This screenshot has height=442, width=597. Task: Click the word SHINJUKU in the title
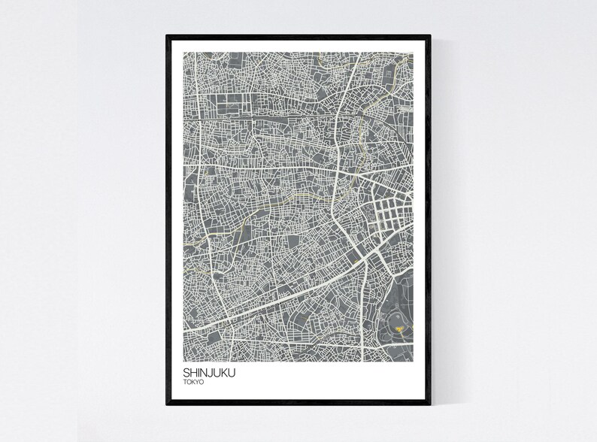[208, 371]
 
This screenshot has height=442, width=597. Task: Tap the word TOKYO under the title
[193, 381]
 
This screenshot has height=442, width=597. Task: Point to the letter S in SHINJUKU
[186, 371]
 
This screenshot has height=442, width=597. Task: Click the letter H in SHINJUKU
[192, 371]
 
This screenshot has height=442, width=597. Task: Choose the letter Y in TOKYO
[198, 381]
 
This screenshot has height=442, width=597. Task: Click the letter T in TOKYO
[184, 381]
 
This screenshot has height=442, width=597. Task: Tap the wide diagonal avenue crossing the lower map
[286, 298]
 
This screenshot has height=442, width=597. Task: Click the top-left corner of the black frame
[168, 35]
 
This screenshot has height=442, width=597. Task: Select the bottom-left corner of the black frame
[168, 403]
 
